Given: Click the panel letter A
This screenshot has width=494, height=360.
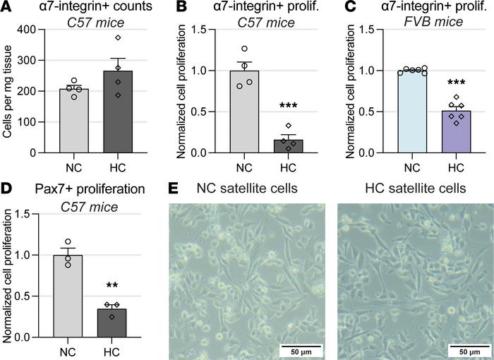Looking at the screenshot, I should coord(7,8).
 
